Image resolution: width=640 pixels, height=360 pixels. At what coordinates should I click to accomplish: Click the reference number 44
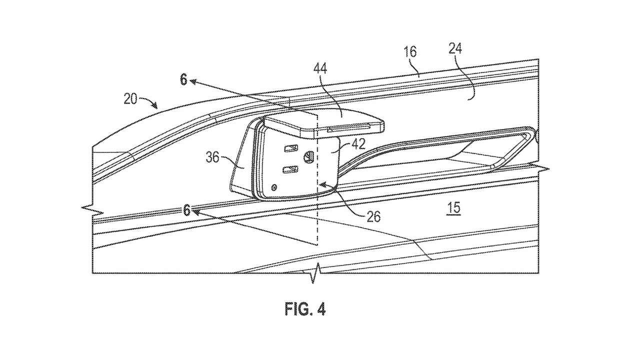pos(320,68)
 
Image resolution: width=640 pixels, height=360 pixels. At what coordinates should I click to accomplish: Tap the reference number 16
pos(410,52)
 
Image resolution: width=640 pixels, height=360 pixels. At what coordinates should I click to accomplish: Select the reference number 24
pos(455,49)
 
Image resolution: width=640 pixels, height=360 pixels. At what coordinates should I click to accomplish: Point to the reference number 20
pos(130,99)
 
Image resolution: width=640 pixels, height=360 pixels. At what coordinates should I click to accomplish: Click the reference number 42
pos(358,144)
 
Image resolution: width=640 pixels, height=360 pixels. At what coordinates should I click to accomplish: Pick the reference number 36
pos(212,157)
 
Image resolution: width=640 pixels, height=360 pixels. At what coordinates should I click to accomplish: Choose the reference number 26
pos(373,217)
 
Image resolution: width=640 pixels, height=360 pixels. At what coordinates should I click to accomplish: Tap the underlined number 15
pos(453,208)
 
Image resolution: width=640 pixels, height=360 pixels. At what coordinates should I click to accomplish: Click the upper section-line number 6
pos(183,79)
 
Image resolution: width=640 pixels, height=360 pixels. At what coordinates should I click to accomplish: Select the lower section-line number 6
pos(186,210)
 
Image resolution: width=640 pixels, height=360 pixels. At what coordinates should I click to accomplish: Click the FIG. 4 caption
pos(305,309)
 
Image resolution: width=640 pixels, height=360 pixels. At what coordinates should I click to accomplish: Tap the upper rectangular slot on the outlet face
pos(291,148)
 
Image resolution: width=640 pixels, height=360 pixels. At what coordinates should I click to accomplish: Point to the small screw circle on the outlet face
pos(274,187)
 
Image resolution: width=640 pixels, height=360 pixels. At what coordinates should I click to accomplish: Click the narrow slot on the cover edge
pos(349,128)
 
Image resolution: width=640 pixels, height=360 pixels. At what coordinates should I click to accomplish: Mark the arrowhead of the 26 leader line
pos(322,185)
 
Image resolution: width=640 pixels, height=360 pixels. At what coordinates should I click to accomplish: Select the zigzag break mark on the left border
pos(92,209)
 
